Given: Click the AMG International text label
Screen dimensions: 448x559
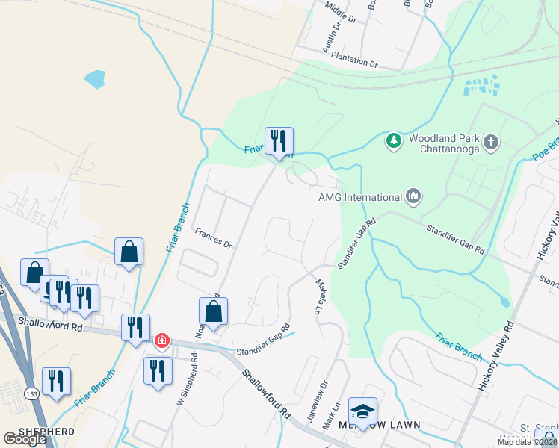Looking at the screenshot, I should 360,197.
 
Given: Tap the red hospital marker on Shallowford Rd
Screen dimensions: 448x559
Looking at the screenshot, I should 161,341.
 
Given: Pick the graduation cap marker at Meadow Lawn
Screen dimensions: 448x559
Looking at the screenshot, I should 362,411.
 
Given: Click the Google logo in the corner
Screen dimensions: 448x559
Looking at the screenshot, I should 25,439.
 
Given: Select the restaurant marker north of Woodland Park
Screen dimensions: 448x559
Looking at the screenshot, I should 279,140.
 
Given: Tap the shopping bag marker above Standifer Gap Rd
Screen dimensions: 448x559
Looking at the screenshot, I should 214,312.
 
